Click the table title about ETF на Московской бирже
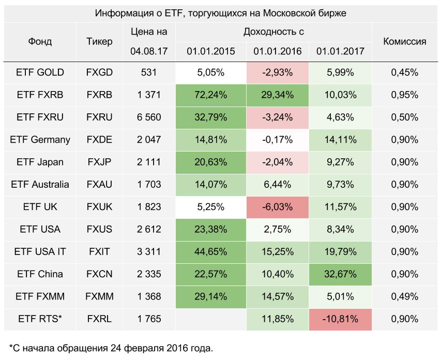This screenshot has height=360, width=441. tap(220, 13)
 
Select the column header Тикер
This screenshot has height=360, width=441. tap(99, 41)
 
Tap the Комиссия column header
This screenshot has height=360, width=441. tap(404, 41)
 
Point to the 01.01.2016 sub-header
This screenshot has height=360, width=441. tap(278, 51)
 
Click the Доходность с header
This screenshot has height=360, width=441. tap(273, 32)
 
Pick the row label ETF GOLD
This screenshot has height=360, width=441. tap(40, 72)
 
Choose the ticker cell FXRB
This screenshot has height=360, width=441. tap(99, 95)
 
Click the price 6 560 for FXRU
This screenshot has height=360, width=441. tap(149, 117)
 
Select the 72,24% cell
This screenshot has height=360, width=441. tap(211, 95)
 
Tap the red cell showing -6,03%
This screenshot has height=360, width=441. tap(278, 207)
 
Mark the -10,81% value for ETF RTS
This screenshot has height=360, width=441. tap(340, 319)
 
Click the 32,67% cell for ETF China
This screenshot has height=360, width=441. tap(340, 274)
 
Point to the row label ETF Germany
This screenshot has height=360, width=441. tap(40, 140)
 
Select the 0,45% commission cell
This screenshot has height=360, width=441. tap(404, 72)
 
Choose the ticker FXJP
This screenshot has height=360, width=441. tap(99, 162)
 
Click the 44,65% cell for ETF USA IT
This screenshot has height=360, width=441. tap(211, 252)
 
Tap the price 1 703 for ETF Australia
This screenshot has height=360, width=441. tap(149, 184)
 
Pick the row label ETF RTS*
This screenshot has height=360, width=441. tap(40, 319)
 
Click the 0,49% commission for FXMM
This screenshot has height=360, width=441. tap(404, 296)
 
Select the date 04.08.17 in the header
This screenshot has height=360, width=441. tap(149, 51)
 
